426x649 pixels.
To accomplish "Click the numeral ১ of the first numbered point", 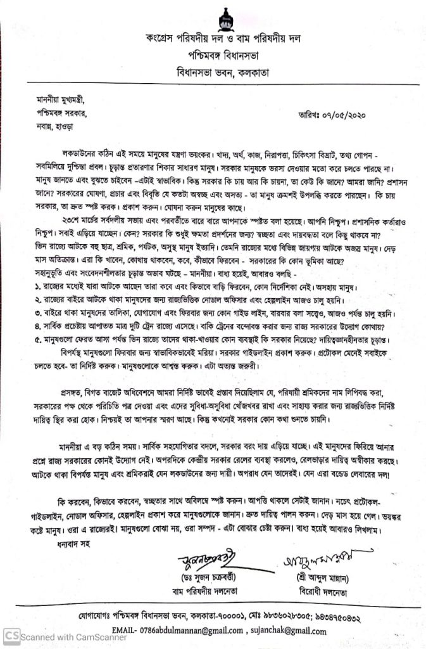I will [37, 286].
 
